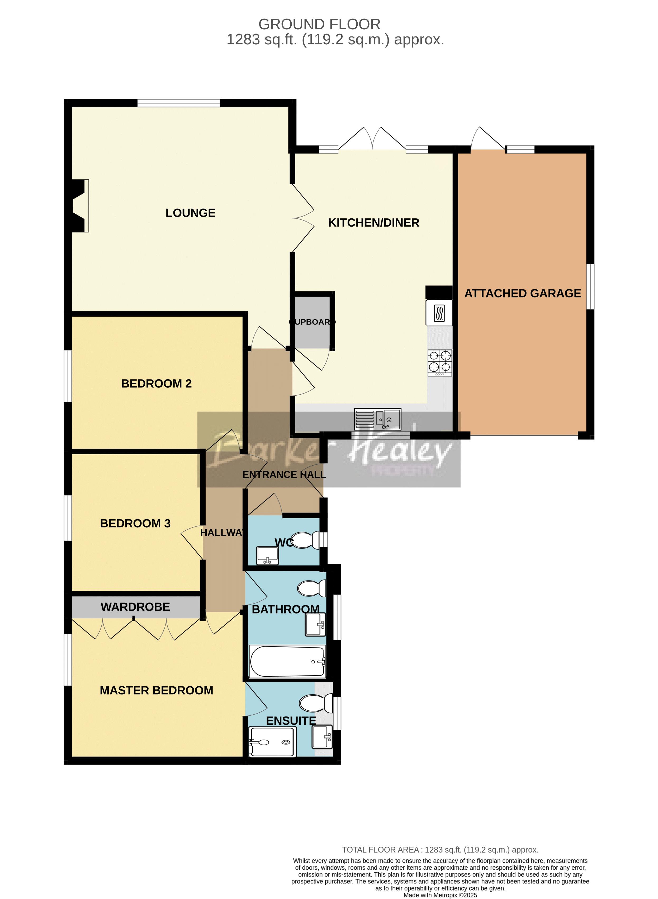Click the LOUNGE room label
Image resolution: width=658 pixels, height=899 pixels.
(x=190, y=213)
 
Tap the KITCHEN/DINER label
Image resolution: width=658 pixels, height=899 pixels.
(x=374, y=223)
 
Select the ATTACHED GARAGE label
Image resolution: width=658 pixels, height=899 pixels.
(x=523, y=294)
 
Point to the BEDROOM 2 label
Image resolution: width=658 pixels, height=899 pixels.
(x=157, y=384)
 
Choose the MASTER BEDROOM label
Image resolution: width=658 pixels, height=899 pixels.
(x=157, y=691)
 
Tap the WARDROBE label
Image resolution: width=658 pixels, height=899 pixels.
(x=135, y=607)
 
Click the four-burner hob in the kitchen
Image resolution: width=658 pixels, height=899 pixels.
(x=440, y=363)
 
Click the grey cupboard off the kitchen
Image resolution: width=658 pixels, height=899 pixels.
(x=312, y=322)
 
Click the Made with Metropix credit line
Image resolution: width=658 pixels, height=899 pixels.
(x=440, y=895)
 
